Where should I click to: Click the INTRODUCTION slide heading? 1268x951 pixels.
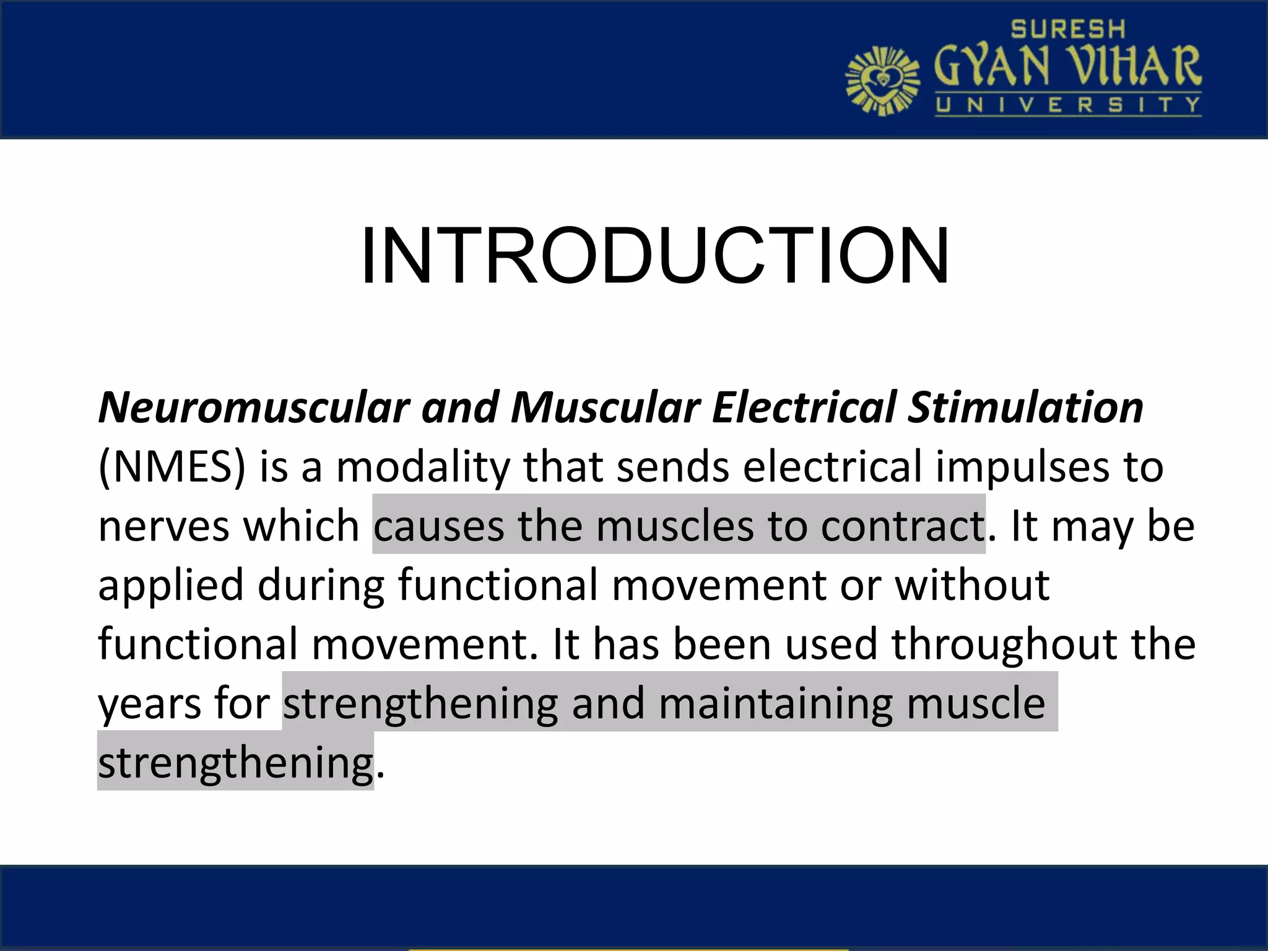coord(654,256)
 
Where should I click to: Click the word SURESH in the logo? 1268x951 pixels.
coord(1067,29)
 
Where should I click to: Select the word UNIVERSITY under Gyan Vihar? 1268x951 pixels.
coord(1067,105)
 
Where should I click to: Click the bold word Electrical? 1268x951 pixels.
coord(804,408)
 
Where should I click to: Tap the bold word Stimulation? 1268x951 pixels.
coord(1025,408)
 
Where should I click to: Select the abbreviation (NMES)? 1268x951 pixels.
coord(172,467)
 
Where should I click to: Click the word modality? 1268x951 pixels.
coord(423,467)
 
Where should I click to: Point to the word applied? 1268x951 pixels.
coord(171,585)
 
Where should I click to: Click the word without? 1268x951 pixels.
coord(972,585)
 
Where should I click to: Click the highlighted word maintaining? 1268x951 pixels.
coord(776,703)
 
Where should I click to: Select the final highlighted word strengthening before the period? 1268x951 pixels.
coord(235,762)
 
